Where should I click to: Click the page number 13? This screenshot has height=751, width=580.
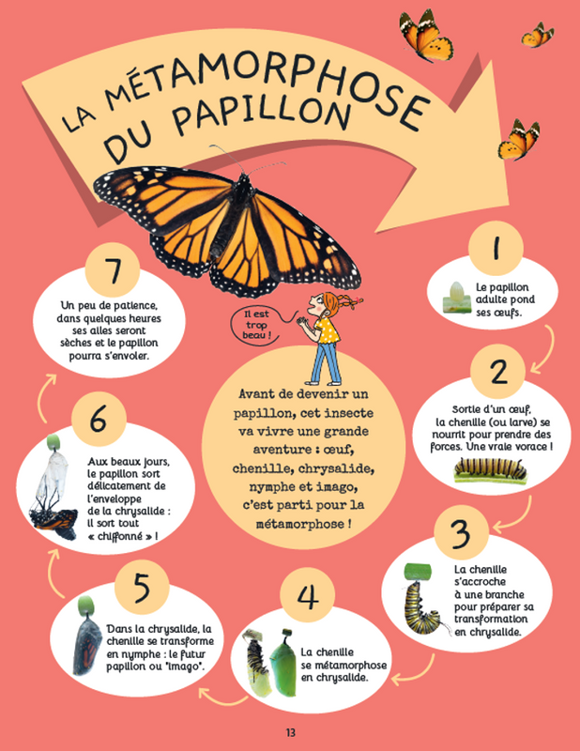[290, 732]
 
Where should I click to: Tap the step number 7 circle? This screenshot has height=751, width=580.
[113, 270]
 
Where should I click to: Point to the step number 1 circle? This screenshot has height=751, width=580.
[496, 248]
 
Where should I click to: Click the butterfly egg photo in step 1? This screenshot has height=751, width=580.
[455, 298]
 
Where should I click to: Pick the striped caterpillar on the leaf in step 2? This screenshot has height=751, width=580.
[490, 468]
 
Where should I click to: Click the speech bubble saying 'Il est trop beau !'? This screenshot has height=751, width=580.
[256, 325]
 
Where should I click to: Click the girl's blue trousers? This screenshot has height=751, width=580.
[326, 360]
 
